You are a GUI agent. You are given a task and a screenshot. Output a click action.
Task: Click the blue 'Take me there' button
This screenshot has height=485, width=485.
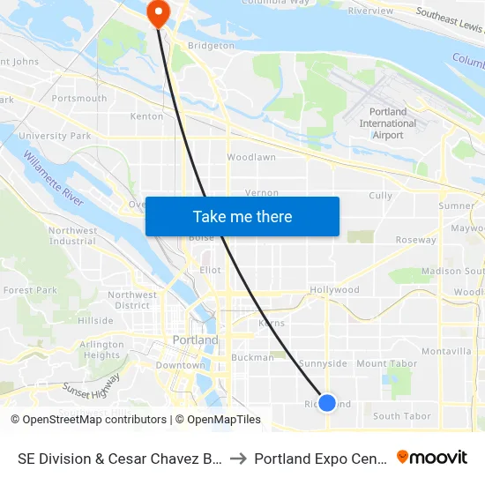(x=242, y=216)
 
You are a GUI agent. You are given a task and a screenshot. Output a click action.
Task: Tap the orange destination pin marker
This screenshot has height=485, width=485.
(x=159, y=12)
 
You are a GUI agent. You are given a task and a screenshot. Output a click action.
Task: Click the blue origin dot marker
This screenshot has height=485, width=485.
(x=327, y=402)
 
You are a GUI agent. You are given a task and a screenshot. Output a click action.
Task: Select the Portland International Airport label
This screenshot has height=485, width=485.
(x=388, y=123)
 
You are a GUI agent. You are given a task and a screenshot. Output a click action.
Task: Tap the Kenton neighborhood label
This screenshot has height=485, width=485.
(x=146, y=116)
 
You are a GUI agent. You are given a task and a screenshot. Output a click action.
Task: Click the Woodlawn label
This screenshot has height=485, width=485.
(x=251, y=157)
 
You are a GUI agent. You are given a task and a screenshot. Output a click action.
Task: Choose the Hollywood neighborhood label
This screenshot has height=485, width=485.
(x=334, y=289)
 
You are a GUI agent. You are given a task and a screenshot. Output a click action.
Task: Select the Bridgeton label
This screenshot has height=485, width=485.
(x=212, y=45)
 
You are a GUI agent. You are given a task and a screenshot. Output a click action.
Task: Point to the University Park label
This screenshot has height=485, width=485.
(x=55, y=136)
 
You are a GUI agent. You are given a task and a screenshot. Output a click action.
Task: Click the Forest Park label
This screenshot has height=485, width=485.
(x=30, y=289)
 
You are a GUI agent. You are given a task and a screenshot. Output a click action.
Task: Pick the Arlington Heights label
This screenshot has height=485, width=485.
(x=102, y=350)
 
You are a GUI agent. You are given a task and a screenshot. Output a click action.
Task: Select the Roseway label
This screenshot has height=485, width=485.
(x=415, y=240)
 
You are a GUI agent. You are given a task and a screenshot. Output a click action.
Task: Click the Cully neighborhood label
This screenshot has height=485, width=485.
(x=381, y=196)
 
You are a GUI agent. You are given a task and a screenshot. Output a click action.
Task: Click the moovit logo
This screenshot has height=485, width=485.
(x=432, y=458)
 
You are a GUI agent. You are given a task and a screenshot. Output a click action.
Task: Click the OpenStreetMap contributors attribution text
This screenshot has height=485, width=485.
(x=88, y=420)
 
